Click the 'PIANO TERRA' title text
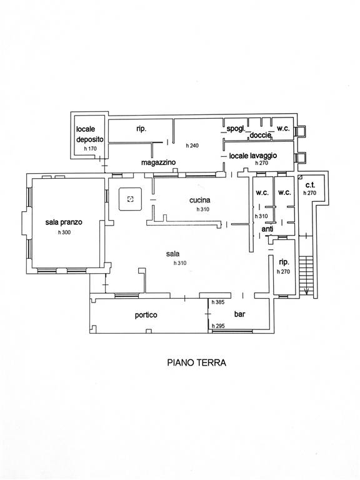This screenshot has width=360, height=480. [196, 362]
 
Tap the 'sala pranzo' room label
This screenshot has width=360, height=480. [64, 222]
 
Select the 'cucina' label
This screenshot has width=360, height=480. [199, 200]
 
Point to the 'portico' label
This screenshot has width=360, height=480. [146, 315]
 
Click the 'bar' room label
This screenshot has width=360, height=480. [240, 314]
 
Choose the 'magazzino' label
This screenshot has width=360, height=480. [158, 162]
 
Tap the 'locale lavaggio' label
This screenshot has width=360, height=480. [253, 156]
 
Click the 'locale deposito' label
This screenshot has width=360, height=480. [90, 134]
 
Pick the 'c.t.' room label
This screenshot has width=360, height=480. [310, 186]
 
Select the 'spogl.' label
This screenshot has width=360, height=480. [236, 129]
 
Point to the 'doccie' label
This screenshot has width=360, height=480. [261, 135]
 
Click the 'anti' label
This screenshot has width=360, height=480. [267, 229]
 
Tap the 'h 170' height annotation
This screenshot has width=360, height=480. [90, 149]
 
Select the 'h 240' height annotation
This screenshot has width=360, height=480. [192, 146]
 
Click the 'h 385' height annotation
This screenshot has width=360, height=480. [218, 302]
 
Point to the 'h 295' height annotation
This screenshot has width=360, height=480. [218, 326]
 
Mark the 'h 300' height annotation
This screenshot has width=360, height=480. [64, 232]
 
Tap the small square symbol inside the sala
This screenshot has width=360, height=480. [131, 199]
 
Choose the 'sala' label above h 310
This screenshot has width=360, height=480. [173, 254]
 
